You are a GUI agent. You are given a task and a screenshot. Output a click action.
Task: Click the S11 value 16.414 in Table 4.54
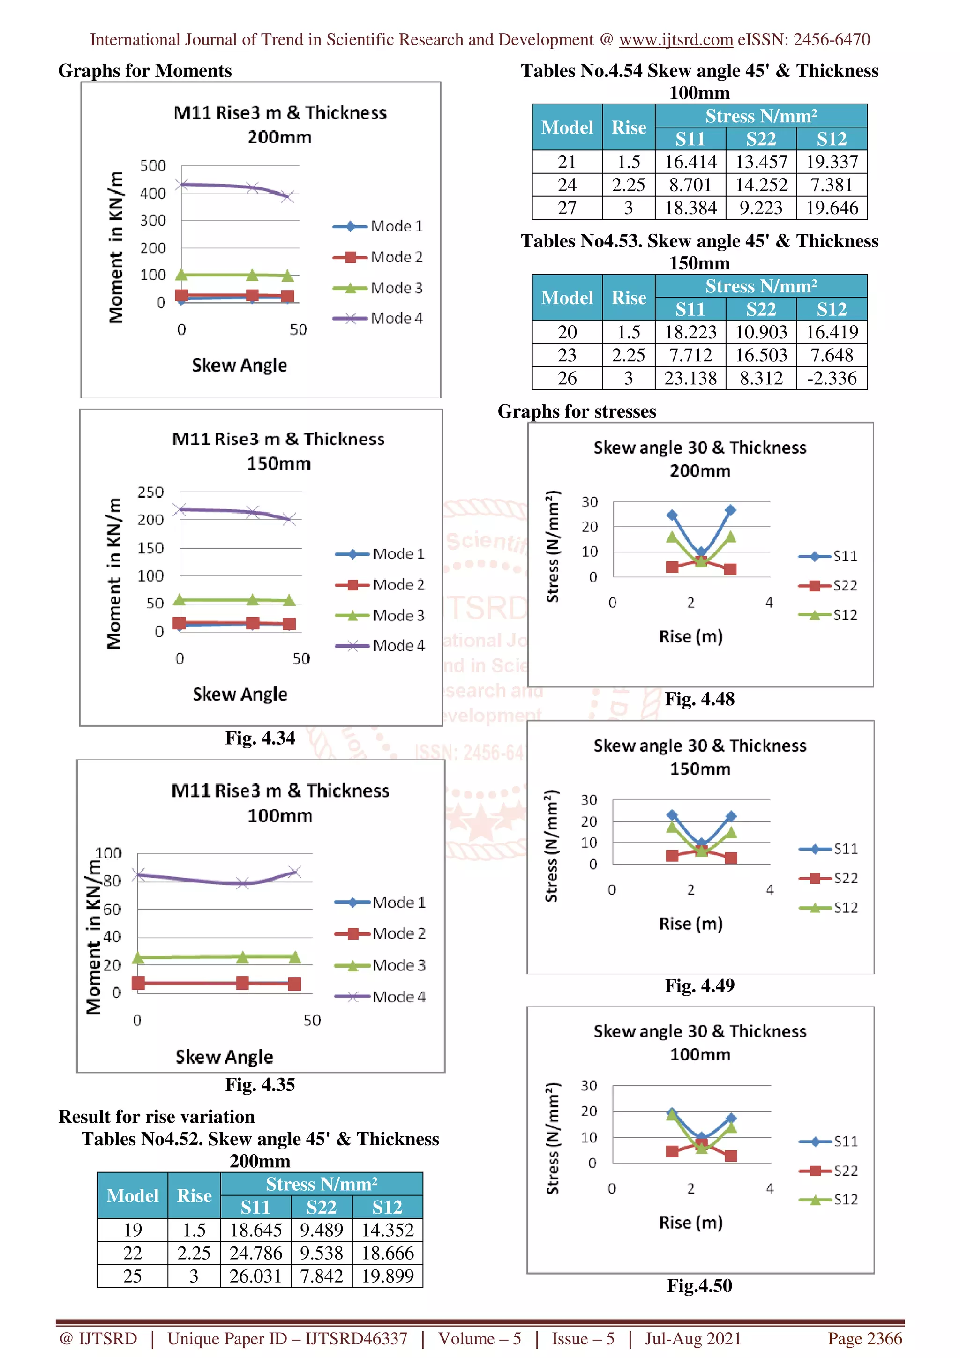(690, 162)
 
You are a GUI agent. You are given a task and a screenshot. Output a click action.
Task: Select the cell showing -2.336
(832, 378)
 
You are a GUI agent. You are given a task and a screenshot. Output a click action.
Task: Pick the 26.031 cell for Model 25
(255, 1276)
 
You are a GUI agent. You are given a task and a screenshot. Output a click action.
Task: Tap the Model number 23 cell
(567, 355)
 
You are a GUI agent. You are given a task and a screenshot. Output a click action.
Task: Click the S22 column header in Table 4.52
(321, 1207)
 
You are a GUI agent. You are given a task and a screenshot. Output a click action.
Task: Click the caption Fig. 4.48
(699, 699)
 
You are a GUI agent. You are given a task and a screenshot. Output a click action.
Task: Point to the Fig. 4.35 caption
(260, 1084)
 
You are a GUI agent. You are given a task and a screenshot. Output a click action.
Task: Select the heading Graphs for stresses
(577, 411)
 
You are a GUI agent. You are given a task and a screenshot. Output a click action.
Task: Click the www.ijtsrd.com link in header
(675, 40)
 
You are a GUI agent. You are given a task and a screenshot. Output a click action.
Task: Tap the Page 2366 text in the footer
(864, 1338)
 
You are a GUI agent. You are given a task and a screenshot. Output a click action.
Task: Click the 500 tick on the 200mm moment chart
(153, 165)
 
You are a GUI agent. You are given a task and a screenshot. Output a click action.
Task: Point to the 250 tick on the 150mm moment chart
(150, 492)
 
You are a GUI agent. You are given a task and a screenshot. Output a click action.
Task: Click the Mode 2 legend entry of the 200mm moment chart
(379, 257)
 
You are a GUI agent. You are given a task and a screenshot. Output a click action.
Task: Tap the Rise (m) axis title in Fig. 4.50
(691, 1222)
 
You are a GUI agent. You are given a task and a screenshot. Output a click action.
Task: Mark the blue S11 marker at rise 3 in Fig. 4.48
(730, 510)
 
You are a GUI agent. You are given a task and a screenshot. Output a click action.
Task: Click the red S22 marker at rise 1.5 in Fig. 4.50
(672, 1151)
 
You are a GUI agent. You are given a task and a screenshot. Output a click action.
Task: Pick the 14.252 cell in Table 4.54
(761, 185)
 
